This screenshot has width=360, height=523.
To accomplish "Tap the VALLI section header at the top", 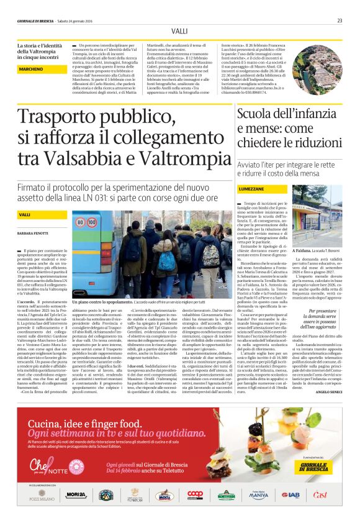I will (179, 30).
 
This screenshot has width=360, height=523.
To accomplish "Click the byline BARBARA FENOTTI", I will (34, 233).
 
